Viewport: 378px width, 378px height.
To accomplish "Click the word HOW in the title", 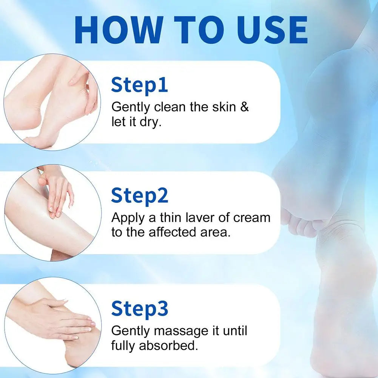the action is [118, 30].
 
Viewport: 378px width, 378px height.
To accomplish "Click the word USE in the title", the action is [272, 30].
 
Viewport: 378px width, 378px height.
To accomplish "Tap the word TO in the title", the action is [199, 30].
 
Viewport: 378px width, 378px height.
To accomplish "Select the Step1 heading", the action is [139, 85].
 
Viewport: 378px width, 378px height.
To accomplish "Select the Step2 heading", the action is [140, 196].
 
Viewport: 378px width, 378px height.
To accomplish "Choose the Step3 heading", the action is [140, 309].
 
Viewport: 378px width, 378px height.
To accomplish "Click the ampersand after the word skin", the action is [244, 107].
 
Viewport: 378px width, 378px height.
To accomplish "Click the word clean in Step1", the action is [170, 107].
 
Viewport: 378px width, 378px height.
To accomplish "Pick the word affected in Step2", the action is [172, 232].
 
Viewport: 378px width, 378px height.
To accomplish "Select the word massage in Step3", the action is [181, 332].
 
